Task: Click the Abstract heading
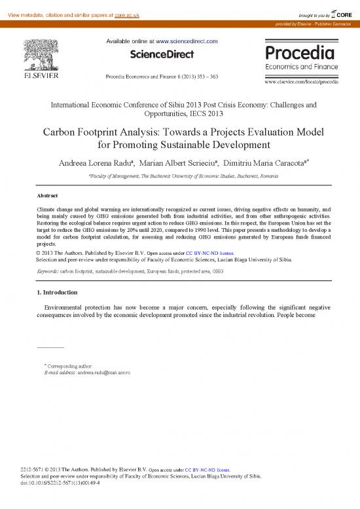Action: tap(48, 196)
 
